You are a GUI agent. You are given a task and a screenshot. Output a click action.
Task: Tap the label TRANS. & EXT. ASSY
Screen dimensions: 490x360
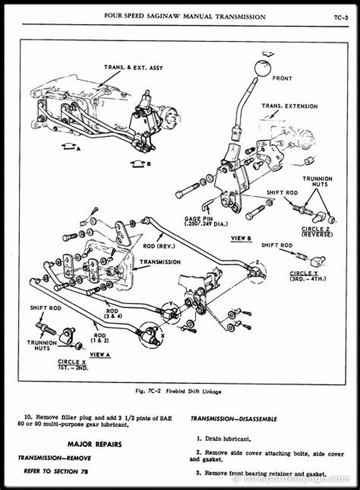pyautogui.click(x=134, y=68)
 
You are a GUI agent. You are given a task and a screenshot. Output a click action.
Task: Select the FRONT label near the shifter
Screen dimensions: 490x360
pyautogui.click(x=282, y=78)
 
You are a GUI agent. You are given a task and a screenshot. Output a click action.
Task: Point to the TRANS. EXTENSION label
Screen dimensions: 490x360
pyautogui.click(x=290, y=106)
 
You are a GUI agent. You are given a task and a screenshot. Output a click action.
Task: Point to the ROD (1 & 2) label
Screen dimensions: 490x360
pyautogui.click(x=100, y=337)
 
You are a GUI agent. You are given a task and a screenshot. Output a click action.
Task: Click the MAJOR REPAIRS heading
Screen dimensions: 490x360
pyautogui.click(x=94, y=444)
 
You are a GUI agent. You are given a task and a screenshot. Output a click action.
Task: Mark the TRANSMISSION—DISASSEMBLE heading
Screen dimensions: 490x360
pyautogui.click(x=234, y=419)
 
